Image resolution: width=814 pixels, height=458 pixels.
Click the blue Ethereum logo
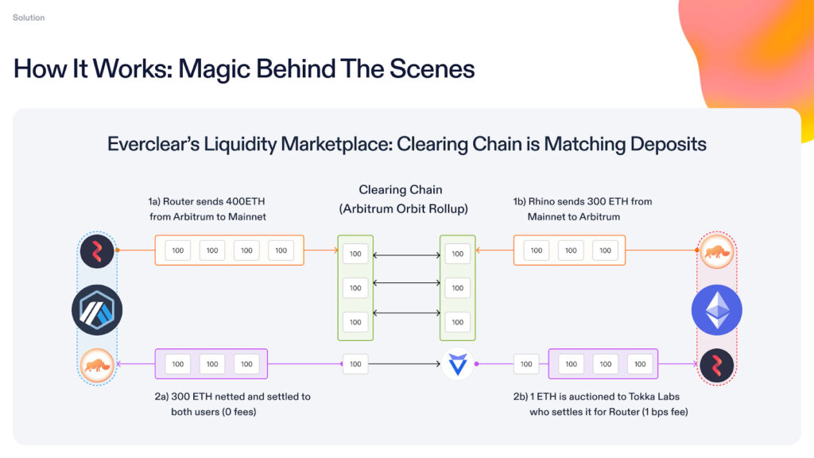pyautogui.click(x=716, y=309)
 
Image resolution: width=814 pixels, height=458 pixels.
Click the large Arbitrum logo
pyautogui.click(x=97, y=309)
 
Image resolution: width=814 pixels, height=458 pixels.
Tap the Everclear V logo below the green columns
pyautogui.click(x=458, y=364)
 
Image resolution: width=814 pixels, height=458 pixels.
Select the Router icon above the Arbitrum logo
pyautogui.click(x=97, y=250)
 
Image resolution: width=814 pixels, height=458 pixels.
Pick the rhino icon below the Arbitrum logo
pyautogui.click(x=97, y=365)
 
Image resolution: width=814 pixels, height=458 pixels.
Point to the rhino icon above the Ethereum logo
pyautogui.click(x=716, y=251)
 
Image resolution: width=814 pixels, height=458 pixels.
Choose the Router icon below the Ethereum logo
pyautogui.click(x=716, y=365)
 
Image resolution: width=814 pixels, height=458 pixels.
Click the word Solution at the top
pyautogui.click(x=29, y=17)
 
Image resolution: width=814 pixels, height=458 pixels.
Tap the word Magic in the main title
pyautogui.click(x=213, y=68)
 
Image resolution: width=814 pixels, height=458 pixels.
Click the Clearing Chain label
pyautogui.click(x=400, y=190)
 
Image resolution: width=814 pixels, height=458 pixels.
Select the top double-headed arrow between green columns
pyautogui.click(x=406, y=254)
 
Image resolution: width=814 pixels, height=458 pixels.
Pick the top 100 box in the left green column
pyautogui.click(x=355, y=254)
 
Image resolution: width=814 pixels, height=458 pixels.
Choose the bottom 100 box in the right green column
pyautogui.click(x=457, y=322)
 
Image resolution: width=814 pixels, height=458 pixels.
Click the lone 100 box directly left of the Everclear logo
pyautogui.click(x=355, y=364)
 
